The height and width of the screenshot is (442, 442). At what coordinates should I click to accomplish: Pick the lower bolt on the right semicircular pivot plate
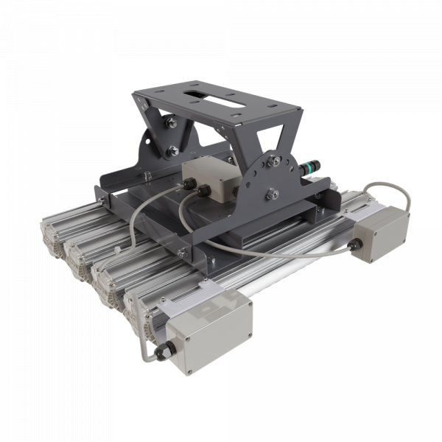click(271, 193)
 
